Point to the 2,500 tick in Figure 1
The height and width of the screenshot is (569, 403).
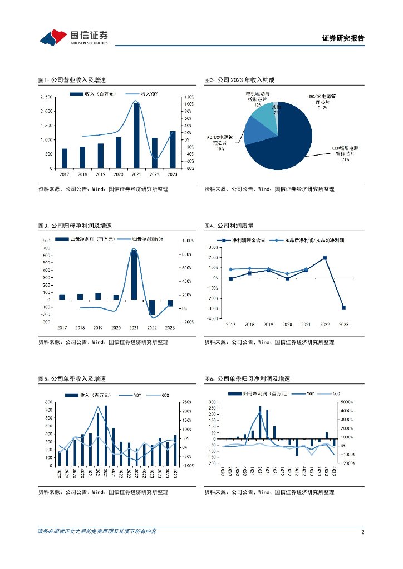(x=47, y=97)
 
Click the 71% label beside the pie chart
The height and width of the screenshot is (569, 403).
(x=345, y=159)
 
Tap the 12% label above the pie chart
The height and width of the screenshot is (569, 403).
(x=258, y=104)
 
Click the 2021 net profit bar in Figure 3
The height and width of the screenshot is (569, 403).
(x=134, y=274)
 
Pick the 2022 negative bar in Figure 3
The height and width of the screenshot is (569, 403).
(x=151, y=307)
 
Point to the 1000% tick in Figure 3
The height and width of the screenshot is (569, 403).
(x=186, y=241)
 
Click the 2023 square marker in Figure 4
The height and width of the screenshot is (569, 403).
(x=343, y=307)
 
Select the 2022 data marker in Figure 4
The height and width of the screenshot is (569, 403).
(x=325, y=258)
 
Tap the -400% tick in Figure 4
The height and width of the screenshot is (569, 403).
(x=212, y=318)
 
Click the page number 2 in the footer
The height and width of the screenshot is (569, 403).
(x=362, y=532)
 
